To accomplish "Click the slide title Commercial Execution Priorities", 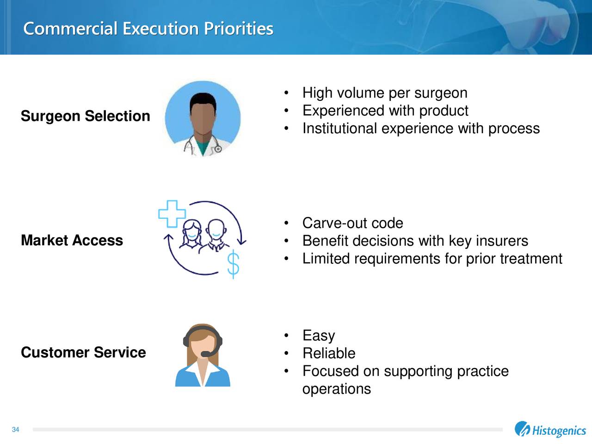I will coord(148,29).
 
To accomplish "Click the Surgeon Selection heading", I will coord(85,116).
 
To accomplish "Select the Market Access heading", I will coord(72,240).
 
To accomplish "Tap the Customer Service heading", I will coord(83,352).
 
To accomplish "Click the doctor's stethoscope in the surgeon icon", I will coord(217,149).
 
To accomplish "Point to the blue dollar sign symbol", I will coord(234,265).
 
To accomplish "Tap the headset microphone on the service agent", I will coord(206,354).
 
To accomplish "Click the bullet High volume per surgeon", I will coord(384,93).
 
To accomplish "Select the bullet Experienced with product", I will coord(385,111).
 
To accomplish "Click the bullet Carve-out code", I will coord(352,223).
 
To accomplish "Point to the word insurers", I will coord(501,241).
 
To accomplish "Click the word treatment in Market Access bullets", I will coord(531,259).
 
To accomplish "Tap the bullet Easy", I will coord(318,336).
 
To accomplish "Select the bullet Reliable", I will coord(328,353).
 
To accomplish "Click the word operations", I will coord(336,389).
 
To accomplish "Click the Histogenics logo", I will coord(550,430).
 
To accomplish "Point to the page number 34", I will coord(15,430).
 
